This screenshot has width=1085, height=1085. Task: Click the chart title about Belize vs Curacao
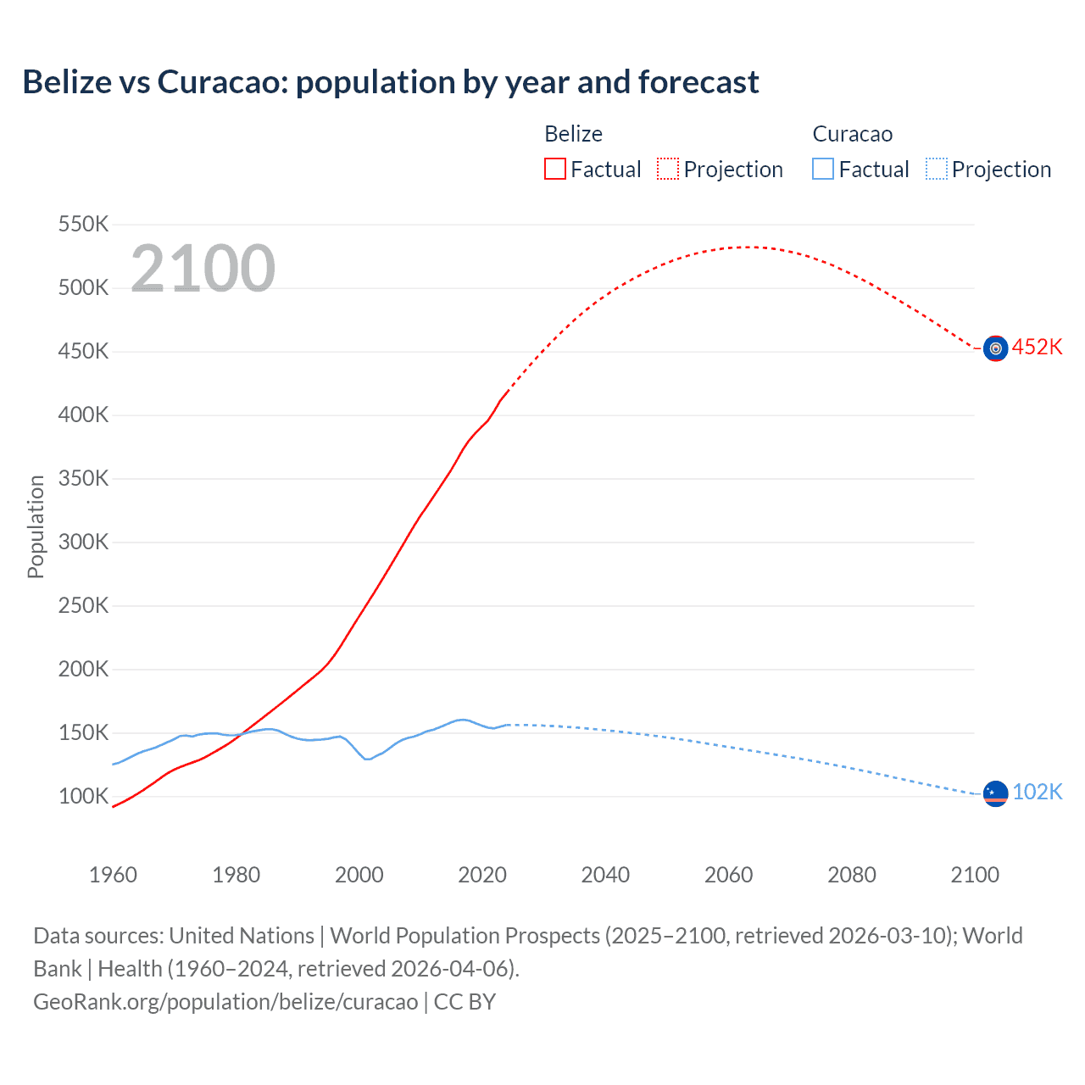[391, 82]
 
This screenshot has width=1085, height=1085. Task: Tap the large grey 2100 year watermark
[203, 269]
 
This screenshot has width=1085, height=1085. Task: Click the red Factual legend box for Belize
[555, 169]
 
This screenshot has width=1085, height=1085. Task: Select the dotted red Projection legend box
[668, 169]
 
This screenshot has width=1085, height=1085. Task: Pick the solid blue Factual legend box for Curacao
[823, 169]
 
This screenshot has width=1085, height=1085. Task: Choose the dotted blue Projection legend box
[936, 169]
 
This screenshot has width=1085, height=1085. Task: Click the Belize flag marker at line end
[995, 348]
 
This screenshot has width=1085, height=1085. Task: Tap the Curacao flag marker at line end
[995, 794]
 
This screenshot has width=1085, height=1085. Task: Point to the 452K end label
[1037, 348]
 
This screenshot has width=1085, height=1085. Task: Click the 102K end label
[1037, 792]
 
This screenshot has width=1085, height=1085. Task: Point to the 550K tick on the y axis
[83, 225]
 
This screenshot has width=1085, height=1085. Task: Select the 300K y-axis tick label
[83, 542]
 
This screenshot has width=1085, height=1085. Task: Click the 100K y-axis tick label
[83, 797]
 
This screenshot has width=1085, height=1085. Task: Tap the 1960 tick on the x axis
[113, 875]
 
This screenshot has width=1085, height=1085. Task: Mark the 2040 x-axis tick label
[605, 875]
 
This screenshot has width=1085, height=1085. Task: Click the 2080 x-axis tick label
[852, 875]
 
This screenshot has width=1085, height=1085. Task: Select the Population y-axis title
[36, 526]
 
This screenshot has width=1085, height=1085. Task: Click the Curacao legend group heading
[852, 134]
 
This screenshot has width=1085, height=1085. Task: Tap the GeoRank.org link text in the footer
[225, 1002]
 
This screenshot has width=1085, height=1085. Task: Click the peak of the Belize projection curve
[746, 247]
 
